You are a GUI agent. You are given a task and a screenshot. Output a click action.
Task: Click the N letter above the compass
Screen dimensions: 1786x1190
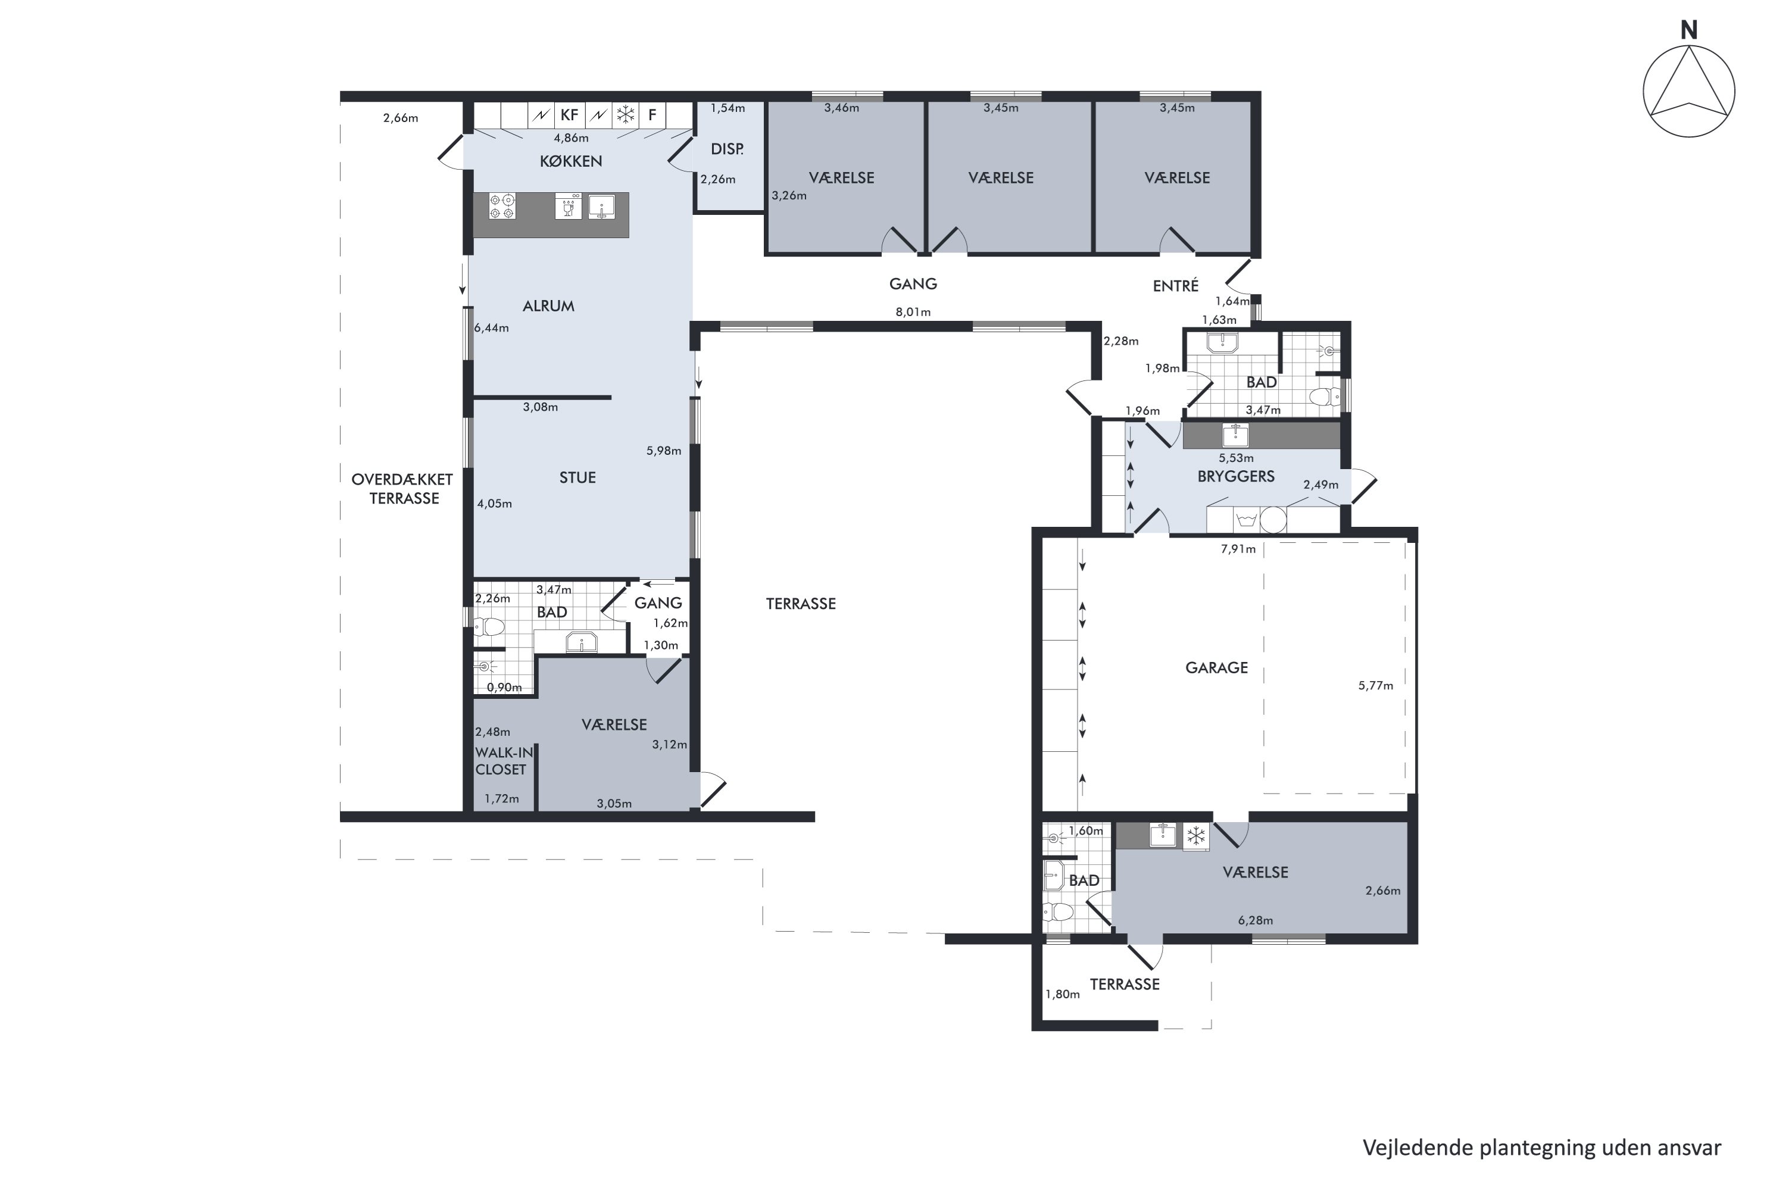[1688, 30]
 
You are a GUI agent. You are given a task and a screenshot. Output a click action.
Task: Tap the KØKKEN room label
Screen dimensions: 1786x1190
[571, 161]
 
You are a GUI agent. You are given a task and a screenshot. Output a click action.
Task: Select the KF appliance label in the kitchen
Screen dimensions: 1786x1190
[569, 115]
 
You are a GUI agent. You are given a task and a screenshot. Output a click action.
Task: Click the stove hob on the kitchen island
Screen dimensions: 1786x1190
[502, 205]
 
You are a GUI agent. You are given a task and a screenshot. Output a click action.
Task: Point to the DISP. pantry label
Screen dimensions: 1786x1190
[727, 149]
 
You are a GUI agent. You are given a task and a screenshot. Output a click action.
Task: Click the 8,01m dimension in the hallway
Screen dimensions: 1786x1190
[913, 312]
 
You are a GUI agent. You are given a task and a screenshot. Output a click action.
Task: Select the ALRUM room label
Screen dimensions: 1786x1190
[548, 306]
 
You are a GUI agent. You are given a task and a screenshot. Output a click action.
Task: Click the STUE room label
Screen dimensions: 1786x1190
[577, 477]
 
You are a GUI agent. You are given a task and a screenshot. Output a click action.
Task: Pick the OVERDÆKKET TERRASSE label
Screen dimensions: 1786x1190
[403, 489]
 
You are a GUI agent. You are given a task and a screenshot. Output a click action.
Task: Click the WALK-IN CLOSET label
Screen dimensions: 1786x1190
[503, 760]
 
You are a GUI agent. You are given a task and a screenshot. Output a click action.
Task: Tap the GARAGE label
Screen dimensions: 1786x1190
[1216, 668]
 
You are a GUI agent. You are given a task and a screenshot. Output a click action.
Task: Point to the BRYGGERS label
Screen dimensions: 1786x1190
[1236, 477]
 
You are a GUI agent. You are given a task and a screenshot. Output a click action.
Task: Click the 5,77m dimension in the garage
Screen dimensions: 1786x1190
[1375, 685]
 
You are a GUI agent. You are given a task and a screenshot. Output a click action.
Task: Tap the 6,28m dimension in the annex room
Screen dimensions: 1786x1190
[1256, 920]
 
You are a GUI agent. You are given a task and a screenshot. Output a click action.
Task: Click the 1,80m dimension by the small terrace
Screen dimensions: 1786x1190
[1063, 994]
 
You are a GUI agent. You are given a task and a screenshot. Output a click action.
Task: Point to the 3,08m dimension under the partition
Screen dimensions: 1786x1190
[541, 407]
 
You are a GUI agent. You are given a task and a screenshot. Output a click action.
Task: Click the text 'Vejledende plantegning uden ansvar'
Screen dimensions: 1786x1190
[1541, 1148]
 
